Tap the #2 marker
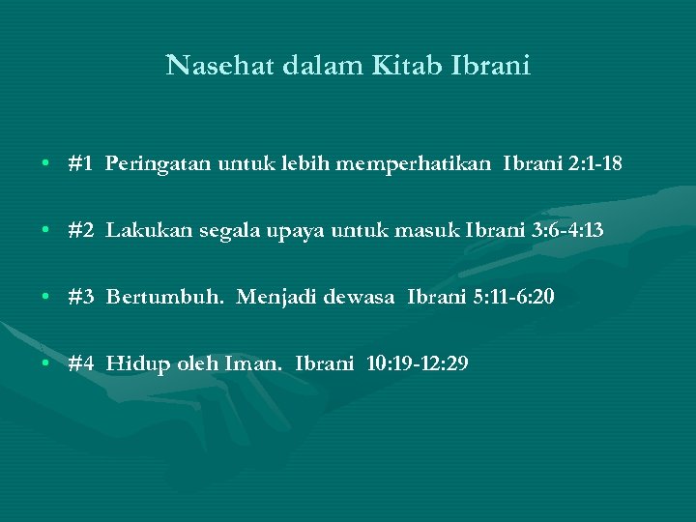(x=80, y=230)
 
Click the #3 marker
(x=80, y=296)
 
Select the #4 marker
(x=80, y=363)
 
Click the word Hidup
(x=134, y=364)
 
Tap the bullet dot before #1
(x=46, y=165)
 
